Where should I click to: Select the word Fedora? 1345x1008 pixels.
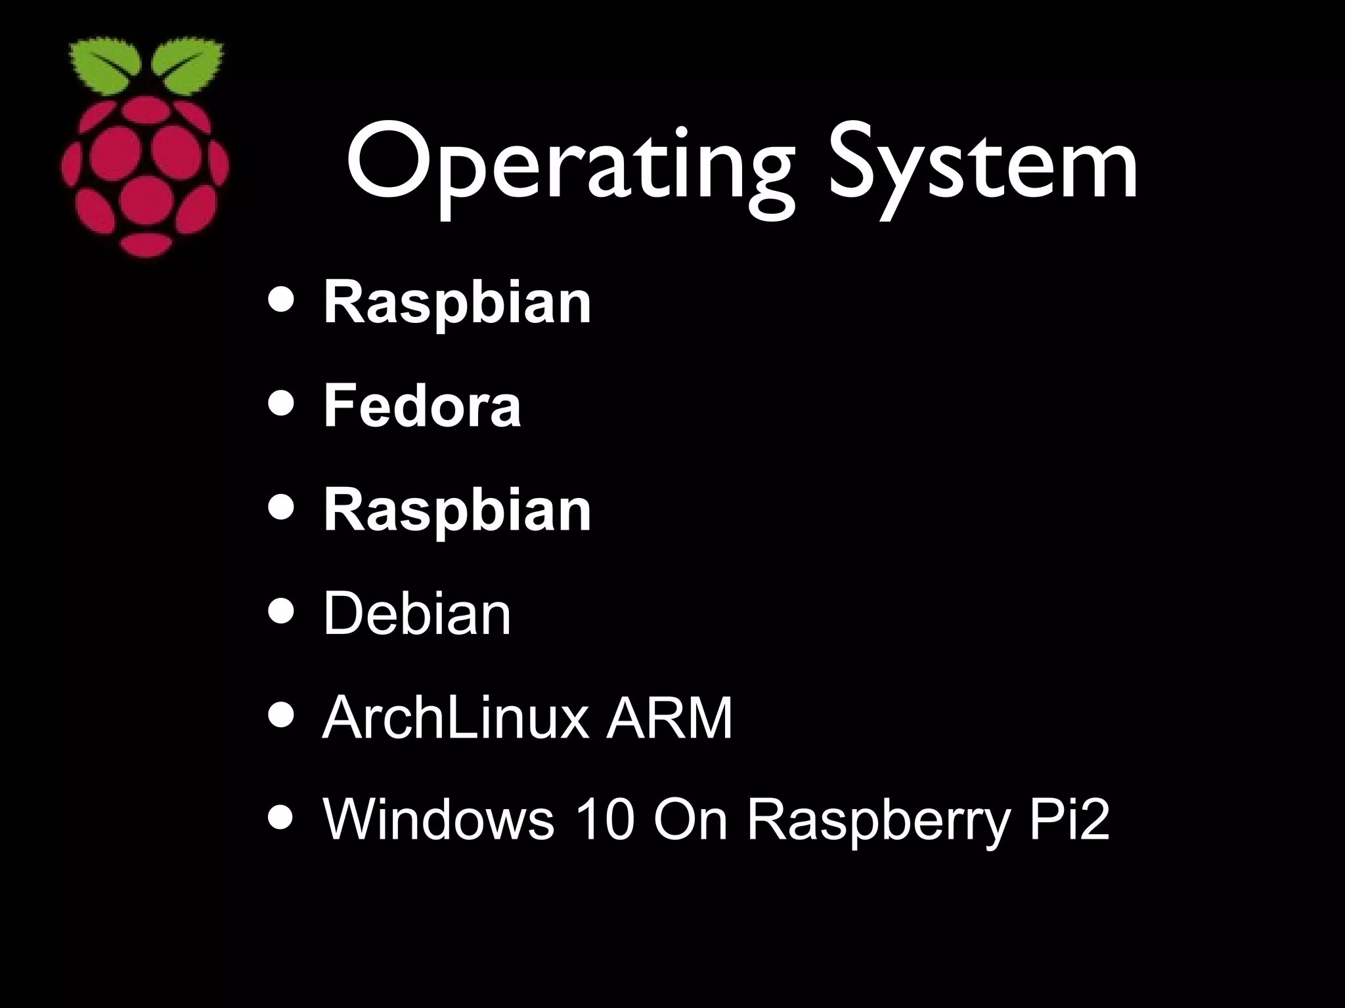422,406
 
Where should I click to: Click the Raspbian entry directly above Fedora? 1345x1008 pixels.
457,303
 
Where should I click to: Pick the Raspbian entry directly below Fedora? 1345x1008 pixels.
457,510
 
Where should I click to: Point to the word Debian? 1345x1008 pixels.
416,614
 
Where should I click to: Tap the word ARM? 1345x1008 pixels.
669,718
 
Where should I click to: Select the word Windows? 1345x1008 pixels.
438,820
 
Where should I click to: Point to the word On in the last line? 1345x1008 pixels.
691,820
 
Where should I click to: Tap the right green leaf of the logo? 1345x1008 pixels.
187,66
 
